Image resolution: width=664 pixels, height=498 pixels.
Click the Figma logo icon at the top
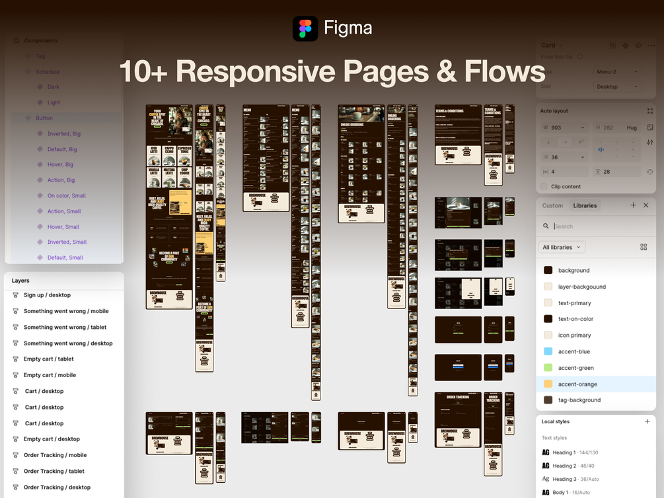tap(305, 28)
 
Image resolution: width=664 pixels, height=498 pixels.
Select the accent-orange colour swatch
tap(548, 384)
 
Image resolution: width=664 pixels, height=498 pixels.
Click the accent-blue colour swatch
tap(548, 351)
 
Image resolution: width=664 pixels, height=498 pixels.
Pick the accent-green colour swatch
tap(548, 368)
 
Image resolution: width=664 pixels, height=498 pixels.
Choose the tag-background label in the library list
tap(579, 400)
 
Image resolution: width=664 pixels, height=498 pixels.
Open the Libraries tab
tap(585, 205)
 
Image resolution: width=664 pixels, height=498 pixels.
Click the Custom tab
tap(552, 205)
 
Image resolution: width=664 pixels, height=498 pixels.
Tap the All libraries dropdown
tap(562, 247)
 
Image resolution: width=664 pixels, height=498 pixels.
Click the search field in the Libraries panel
tap(595, 226)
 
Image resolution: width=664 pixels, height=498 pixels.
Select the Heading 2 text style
tap(565, 466)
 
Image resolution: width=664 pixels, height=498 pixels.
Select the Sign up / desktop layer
tap(47, 295)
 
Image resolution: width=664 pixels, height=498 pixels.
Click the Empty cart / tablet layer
tap(48, 359)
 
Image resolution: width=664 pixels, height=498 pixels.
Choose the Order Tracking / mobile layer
tap(55, 455)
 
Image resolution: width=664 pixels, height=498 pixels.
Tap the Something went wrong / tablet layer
tap(65, 328)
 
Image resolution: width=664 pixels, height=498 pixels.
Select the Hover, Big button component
tap(60, 164)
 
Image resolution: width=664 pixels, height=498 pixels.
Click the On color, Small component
tap(66, 196)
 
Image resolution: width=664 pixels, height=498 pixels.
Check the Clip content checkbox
tap(544, 186)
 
